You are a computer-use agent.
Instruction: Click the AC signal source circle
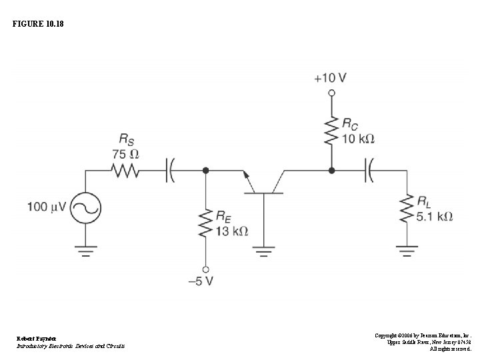85,208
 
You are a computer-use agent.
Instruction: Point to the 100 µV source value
47,207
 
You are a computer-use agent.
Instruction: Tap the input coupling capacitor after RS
171,171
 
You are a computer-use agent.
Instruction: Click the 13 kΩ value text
232,231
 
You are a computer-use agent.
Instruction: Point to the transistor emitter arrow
248,179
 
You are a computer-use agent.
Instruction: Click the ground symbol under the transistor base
265,252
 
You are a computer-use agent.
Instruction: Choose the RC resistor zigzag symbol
330,131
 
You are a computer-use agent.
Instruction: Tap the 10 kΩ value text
358,139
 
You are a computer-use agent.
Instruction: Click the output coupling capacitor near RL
369,171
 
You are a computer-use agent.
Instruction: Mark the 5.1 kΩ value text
435,217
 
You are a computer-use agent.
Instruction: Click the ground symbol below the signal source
85,252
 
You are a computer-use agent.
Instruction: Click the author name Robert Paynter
32,338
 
